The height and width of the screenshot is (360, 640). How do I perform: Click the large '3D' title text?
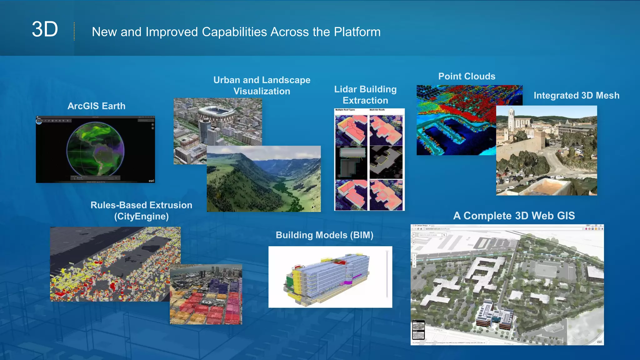(x=45, y=30)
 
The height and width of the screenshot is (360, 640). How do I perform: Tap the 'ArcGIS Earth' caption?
(x=96, y=106)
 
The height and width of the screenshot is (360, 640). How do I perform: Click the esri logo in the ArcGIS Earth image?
(x=151, y=181)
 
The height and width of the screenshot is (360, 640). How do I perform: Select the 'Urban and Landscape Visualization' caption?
(x=262, y=86)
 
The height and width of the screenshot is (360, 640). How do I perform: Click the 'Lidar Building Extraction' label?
(x=365, y=95)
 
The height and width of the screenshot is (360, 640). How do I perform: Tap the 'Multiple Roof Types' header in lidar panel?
(x=345, y=110)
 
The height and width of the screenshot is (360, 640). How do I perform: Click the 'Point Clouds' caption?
(x=467, y=76)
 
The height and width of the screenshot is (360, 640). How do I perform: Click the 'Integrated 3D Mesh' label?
(x=576, y=95)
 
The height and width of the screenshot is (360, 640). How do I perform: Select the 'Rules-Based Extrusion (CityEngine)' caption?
(x=141, y=211)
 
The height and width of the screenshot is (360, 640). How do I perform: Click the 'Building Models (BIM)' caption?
(x=324, y=235)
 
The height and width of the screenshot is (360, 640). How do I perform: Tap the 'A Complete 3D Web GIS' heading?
(x=514, y=216)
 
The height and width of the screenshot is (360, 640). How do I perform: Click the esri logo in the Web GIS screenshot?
(x=599, y=342)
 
